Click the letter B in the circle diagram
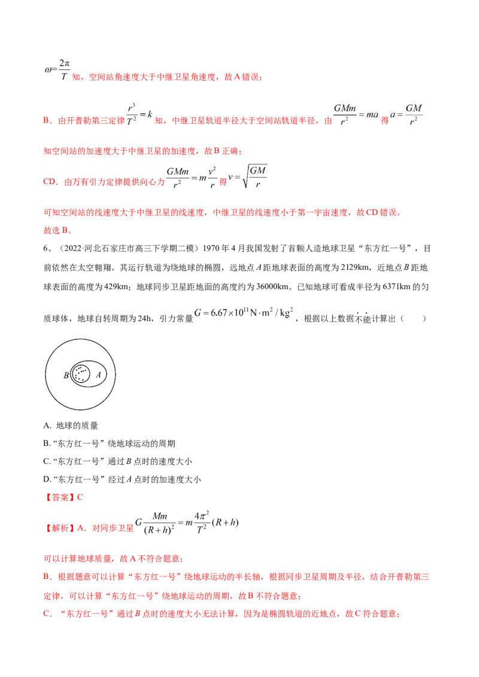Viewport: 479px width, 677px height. click(66, 376)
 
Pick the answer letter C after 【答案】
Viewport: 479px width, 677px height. click(82, 497)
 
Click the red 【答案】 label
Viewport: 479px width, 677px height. click(60, 497)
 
